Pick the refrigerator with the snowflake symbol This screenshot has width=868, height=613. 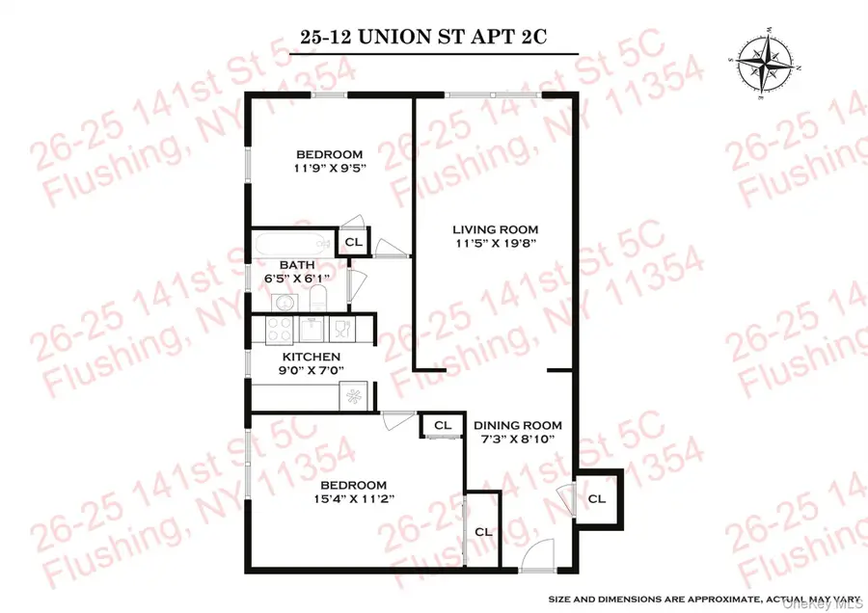click(x=351, y=396)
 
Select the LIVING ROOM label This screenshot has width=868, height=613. click(x=496, y=229)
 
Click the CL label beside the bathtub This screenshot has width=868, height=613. click(x=353, y=242)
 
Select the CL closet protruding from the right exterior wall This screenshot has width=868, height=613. click(x=597, y=498)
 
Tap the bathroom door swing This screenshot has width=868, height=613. click(x=354, y=285)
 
